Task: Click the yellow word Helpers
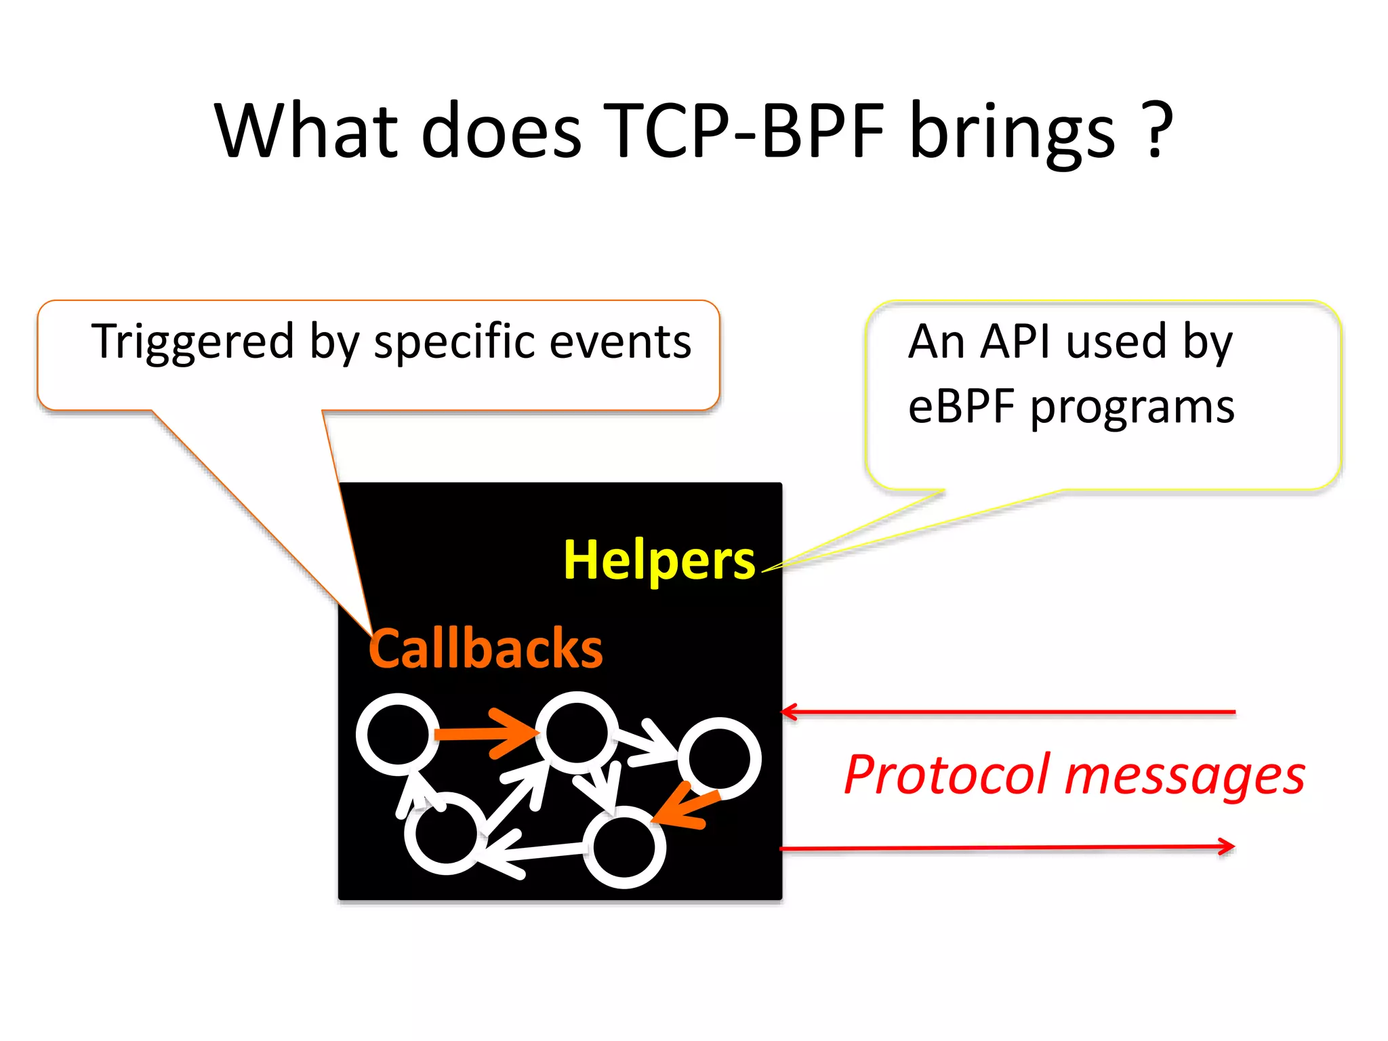(x=659, y=560)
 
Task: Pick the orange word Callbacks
(x=485, y=649)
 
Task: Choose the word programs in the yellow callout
(x=1132, y=408)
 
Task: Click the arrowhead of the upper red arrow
(x=788, y=712)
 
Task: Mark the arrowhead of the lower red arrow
(x=1227, y=846)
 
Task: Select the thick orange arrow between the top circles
(x=485, y=733)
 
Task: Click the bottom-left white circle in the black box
(x=445, y=833)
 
